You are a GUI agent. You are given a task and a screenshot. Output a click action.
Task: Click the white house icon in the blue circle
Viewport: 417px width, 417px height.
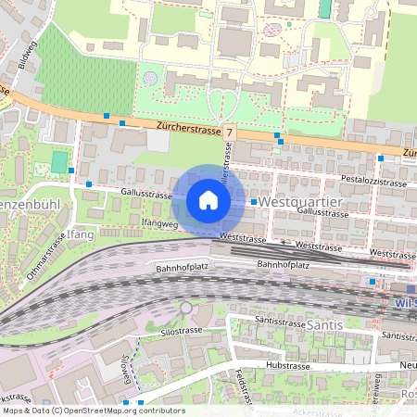[208, 200]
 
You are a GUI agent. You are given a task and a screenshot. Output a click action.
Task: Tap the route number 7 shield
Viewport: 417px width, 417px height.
[229, 133]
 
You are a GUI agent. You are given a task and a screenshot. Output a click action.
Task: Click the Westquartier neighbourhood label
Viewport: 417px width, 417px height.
[302, 201]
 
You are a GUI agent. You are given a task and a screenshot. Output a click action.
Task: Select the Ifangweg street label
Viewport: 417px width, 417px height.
[151, 223]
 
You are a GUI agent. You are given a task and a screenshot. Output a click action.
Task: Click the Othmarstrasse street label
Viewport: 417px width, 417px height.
[47, 254]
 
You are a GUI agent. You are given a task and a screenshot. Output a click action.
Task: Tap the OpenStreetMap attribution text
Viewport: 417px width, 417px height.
[94, 410]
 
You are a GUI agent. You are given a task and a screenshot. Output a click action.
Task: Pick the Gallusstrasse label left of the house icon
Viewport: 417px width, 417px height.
[146, 195]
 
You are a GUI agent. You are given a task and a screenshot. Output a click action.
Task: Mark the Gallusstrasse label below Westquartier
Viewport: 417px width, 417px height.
[322, 213]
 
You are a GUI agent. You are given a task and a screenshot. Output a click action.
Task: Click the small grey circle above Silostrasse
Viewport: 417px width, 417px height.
[186, 307]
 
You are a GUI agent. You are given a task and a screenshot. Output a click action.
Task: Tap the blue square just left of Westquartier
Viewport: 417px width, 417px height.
[253, 201]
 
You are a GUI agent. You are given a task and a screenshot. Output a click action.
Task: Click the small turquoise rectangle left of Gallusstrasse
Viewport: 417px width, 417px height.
[59, 162]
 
